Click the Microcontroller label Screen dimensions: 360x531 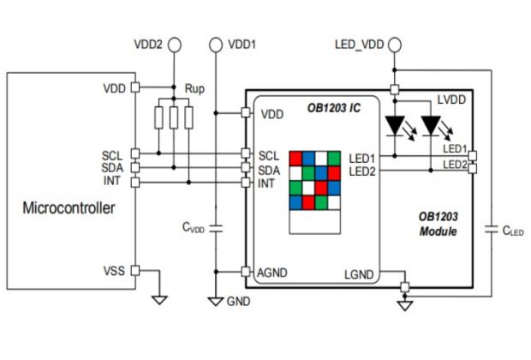click(68, 208)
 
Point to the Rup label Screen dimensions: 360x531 click(194, 88)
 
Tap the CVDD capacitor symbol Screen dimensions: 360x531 click(216, 229)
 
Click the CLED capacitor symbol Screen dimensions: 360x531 click(491, 230)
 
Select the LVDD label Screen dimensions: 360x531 click(451, 101)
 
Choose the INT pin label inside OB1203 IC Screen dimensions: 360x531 click(267, 183)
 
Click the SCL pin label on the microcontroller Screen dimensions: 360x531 click(112, 155)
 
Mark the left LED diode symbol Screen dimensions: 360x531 click(395, 126)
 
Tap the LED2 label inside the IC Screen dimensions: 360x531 click(363, 171)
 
